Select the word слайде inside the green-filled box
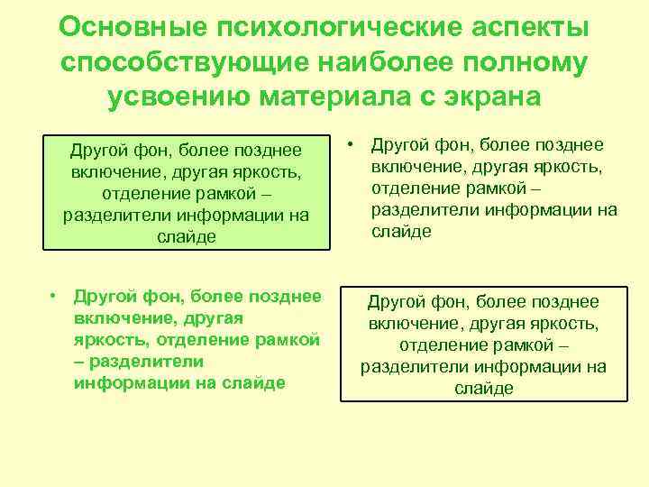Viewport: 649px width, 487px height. tap(186, 235)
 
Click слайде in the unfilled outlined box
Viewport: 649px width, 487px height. tap(484, 388)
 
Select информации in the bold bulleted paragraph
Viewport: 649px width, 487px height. tap(121, 383)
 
